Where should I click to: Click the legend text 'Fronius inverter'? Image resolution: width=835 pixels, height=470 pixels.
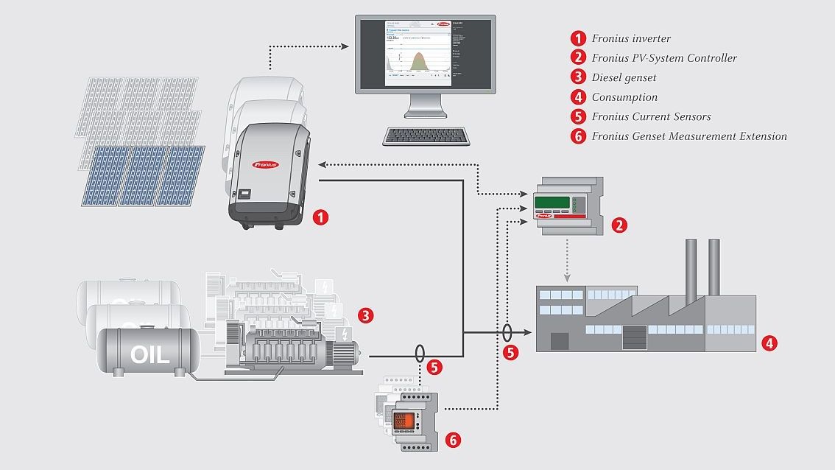pos(631,38)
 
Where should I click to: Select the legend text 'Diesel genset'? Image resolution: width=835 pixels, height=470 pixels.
pos(624,77)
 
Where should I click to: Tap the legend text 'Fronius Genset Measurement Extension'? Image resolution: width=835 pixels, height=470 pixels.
pos(689,136)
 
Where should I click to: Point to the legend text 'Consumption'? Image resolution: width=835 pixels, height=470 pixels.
pos(624,97)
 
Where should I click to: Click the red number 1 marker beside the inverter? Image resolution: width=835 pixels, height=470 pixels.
pos(320,217)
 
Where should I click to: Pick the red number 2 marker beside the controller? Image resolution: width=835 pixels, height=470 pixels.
pos(620,225)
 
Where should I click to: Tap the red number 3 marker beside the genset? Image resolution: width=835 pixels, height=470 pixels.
pos(365,315)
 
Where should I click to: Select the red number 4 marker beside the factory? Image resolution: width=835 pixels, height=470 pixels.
pos(769,343)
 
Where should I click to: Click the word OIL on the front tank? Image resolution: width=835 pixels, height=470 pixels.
pos(149,354)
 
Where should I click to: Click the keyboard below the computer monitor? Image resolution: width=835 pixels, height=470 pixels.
pos(426,136)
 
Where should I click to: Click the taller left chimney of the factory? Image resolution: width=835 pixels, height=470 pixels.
pos(691,270)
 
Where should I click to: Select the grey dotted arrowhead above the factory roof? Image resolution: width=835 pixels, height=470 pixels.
pos(567,278)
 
